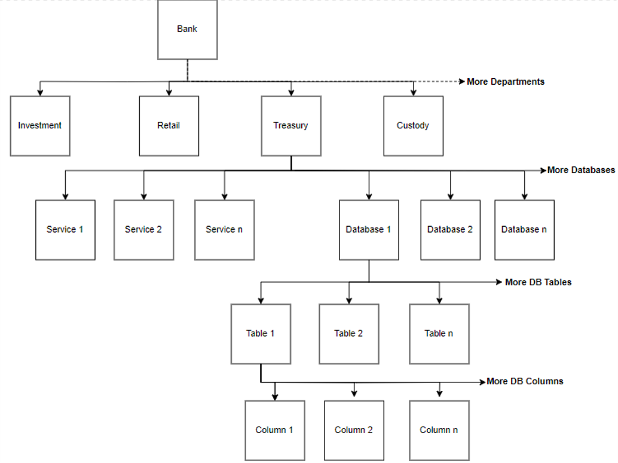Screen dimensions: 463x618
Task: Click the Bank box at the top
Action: [x=187, y=29]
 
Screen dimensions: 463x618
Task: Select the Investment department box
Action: [x=40, y=126]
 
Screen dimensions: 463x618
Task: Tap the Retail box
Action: [x=169, y=126]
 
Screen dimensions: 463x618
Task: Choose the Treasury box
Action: [x=291, y=126]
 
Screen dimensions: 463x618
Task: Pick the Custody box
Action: [x=413, y=126]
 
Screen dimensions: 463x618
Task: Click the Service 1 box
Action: [x=65, y=230]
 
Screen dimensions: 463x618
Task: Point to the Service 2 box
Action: [x=143, y=230]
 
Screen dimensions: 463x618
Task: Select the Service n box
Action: [x=224, y=230]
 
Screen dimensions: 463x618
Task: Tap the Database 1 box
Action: [x=369, y=230]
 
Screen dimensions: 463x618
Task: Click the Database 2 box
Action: [x=450, y=230]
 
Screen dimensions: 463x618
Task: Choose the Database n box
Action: [x=524, y=230]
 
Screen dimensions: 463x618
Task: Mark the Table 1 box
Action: [x=261, y=334]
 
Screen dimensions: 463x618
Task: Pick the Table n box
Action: [x=439, y=334]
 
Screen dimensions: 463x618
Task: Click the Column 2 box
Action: [x=354, y=430]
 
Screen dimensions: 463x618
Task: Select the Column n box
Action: [x=439, y=430]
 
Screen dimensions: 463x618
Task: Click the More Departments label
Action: [x=506, y=82]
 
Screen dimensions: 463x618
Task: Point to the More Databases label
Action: [x=581, y=170]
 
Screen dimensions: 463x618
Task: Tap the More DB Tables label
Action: [x=538, y=282]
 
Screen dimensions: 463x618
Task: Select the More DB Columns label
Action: [x=525, y=381]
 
